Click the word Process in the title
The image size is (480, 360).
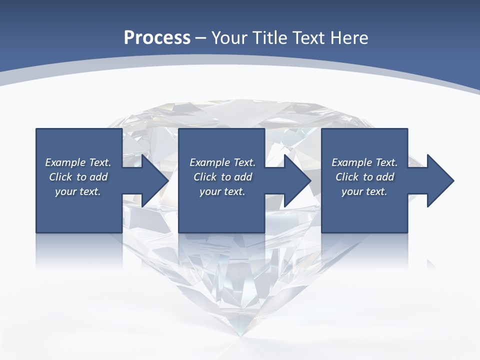pos(157,38)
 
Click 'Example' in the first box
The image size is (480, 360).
pos(65,162)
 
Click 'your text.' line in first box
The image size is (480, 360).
pos(78,191)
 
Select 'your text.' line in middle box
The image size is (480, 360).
pos(222,191)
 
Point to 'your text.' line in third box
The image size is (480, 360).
pos(364,191)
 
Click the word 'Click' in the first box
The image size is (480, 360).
pos(60,177)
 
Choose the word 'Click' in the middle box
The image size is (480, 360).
pos(204,177)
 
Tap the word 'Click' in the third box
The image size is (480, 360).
pos(347,177)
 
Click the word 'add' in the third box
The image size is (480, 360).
pos(385,177)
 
